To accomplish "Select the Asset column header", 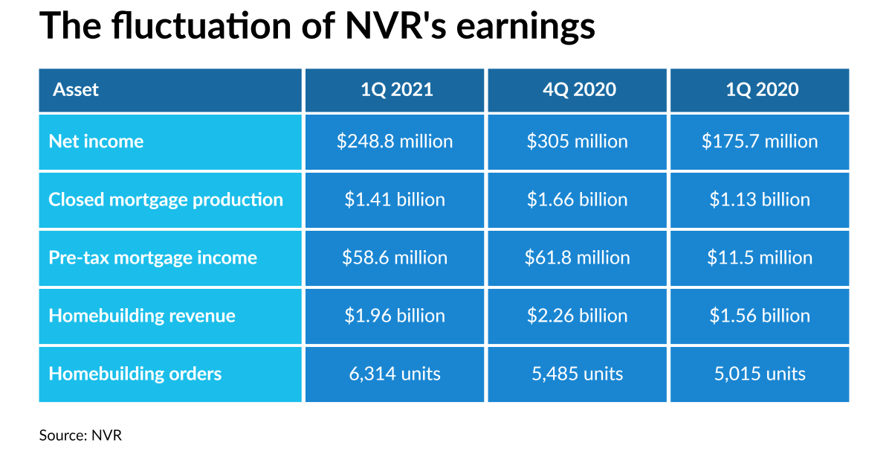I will (76, 90).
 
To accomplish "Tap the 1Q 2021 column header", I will (395, 90).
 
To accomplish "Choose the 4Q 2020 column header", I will (578, 90).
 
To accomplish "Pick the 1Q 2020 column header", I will (760, 90).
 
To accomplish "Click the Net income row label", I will (96, 141).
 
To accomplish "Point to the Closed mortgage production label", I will (166, 200).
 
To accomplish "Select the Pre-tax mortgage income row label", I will (152, 258).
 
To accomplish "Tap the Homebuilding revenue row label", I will (142, 316).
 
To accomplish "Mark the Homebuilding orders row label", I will (135, 374).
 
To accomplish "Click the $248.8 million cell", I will (395, 141).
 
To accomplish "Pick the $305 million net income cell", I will (578, 141).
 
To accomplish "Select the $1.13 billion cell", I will (760, 200).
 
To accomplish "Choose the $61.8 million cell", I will (578, 258).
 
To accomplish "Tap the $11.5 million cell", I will (760, 258).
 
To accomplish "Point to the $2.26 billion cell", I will (578, 316).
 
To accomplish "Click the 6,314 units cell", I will (395, 374).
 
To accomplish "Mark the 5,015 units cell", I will (760, 374).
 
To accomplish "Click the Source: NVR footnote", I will (80, 435).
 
